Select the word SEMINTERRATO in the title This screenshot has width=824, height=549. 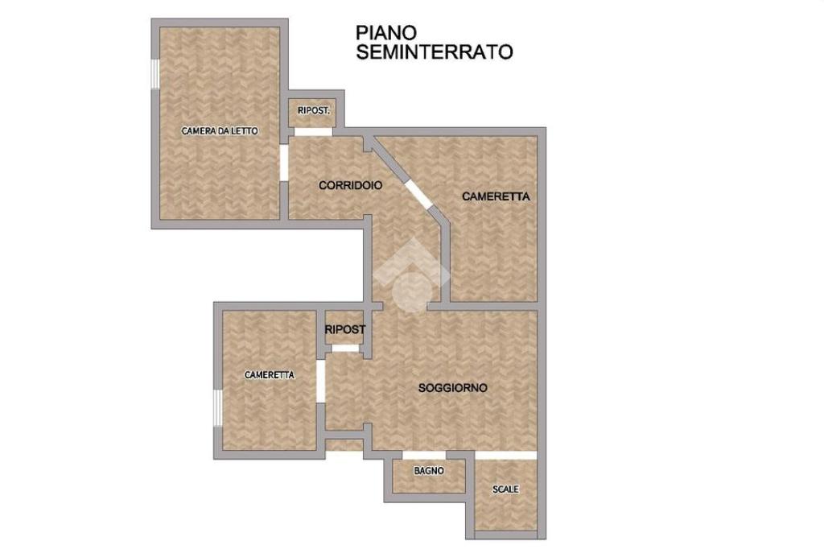[434, 52]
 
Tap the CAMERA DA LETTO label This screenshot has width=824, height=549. [220, 131]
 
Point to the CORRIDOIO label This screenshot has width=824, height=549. [351, 186]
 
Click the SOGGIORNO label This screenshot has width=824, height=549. [452, 388]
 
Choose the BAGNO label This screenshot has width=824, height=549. [429, 471]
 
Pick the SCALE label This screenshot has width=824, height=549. [505, 489]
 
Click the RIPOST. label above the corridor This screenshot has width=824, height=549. [314, 111]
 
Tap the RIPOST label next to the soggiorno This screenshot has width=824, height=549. [344, 330]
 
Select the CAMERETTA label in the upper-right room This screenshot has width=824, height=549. [496, 196]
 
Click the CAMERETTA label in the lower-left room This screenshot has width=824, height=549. [270, 375]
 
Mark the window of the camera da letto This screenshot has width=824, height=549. [155, 73]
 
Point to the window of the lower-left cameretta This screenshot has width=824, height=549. [217, 407]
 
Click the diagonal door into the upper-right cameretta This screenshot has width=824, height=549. [418, 196]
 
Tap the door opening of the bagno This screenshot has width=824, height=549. [424, 455]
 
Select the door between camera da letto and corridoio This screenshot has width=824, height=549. [284, 163]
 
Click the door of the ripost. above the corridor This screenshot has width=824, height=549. [313, 131]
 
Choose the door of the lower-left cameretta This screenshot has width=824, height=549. [320, 382]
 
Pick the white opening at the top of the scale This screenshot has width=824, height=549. [506, 455]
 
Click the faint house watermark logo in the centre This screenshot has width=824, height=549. [412, 276]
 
